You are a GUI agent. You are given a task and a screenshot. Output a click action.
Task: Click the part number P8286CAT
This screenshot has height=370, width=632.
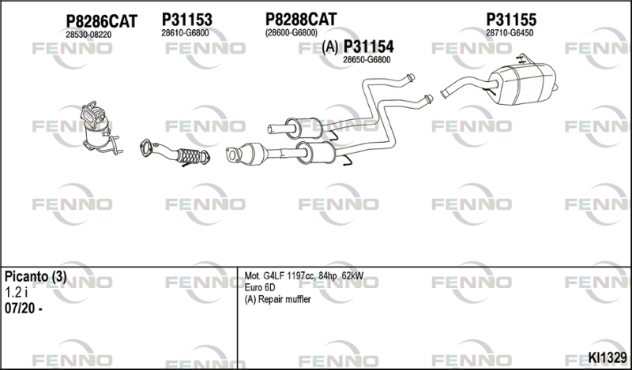[x=102, y=21]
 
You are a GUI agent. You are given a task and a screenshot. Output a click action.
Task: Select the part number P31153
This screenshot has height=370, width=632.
[x=187, y=19]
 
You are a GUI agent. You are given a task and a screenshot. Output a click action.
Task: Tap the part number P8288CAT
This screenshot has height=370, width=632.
[x=301, y=19]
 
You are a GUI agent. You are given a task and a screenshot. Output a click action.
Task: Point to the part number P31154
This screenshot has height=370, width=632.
[x=368, y=47]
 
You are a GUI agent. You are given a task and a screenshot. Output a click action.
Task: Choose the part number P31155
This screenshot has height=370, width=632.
[x=511, y=19]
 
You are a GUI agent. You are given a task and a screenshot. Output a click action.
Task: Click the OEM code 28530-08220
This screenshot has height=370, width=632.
[x=88, y=35]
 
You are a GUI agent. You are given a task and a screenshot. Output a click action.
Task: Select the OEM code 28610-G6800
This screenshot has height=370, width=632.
[x=185, y=33]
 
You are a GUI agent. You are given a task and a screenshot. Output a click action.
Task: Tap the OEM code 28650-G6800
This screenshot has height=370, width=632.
[x=367, y=60]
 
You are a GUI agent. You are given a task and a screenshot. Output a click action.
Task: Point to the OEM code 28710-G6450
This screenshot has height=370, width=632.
[x=510, y=33]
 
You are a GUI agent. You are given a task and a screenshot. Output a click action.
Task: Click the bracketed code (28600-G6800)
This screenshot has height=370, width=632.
[x=291, y=32]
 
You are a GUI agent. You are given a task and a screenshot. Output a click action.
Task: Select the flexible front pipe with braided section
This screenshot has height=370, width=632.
[x=175, y=153]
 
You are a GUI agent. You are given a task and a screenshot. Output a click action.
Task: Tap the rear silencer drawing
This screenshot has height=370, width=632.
[x=500, y=80]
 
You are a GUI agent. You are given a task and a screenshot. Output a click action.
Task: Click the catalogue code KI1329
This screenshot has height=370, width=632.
[x=607, y=357]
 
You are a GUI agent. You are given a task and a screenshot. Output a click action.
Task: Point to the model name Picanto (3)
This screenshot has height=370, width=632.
[x=36, y=277]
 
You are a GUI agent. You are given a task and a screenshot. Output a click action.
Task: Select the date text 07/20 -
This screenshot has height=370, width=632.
[x=24, y=308]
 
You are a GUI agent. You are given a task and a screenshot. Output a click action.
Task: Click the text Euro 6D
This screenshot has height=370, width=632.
[x=260, y=287]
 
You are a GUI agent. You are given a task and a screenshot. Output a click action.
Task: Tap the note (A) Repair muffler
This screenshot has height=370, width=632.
[x=278, y=300]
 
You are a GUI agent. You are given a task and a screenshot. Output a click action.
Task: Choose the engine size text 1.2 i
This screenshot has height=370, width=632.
[x=16, y=292]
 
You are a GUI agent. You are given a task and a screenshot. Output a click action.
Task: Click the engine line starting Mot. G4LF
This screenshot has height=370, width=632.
[x=304, y=276]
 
